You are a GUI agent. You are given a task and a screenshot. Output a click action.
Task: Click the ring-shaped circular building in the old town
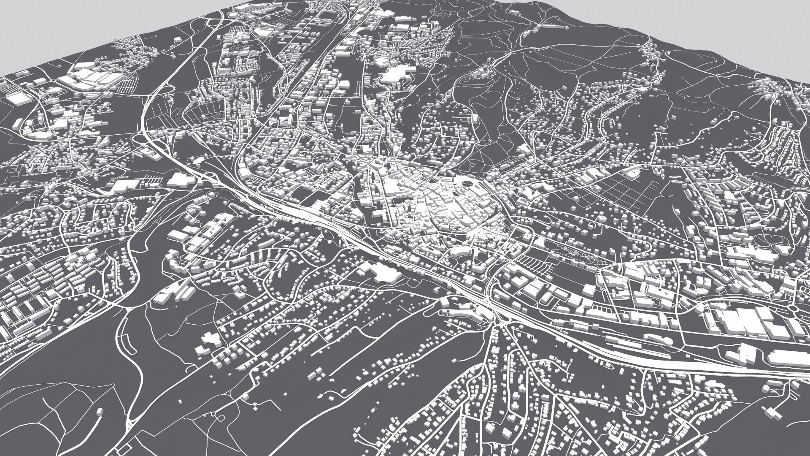pyautogui.click(x=467, y=184)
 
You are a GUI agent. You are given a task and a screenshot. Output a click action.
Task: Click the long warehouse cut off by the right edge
pyautogui.click(x=789, y=358)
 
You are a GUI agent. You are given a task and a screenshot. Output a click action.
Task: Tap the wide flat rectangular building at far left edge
pyautogui.click(x=17, y=98)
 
